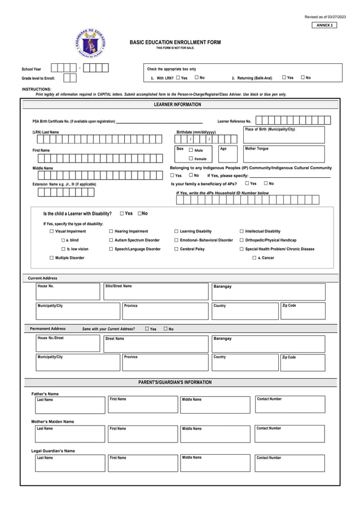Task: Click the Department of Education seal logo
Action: point(90,44)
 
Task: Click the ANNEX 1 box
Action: point(324,25)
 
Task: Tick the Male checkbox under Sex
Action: point(191,150)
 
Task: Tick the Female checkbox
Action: point(191,159)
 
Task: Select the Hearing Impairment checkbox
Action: point(111,231)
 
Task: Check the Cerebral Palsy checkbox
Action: point(176,249)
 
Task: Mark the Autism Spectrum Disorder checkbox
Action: point(111,240)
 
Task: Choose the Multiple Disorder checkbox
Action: point(51,258)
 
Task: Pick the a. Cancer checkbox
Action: point(254,258)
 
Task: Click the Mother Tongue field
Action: point(284,154)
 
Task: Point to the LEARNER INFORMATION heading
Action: point(177,105)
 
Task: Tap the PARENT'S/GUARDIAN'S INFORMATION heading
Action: point(175,383)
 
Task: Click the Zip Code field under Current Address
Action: point(302,311)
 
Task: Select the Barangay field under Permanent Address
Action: point(268,344)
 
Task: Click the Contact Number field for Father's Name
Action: point(290,405)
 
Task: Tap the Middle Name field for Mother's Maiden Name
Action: point(215,434)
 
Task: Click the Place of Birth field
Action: point(284,135)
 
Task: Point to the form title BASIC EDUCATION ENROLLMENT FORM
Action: point(175,42)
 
